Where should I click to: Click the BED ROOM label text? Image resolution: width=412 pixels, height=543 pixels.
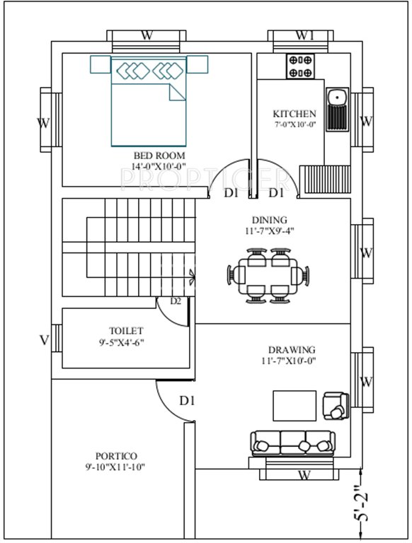pos(159,155)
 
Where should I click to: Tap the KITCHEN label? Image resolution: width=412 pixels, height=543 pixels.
pos(294,114)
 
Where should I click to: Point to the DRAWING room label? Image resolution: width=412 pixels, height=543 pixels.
pos(292,350)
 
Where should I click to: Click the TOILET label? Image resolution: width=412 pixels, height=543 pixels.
pos(126,330)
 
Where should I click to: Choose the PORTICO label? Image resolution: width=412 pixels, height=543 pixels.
pos(116,456)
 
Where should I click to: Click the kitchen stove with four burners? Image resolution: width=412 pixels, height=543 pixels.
pos(300,66)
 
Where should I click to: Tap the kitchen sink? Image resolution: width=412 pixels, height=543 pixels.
pos(336,107)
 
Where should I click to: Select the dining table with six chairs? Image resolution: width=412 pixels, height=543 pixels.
pos(269,274)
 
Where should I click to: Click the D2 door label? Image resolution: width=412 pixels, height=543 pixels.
pos(176,302)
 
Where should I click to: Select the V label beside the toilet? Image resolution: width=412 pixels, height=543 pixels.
pos(44,341)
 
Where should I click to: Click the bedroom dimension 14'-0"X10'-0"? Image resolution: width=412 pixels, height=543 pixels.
pos(159,167)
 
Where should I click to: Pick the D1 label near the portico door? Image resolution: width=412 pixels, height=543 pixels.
pos(186,401)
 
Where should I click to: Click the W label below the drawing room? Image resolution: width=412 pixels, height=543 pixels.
pos(304,474)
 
